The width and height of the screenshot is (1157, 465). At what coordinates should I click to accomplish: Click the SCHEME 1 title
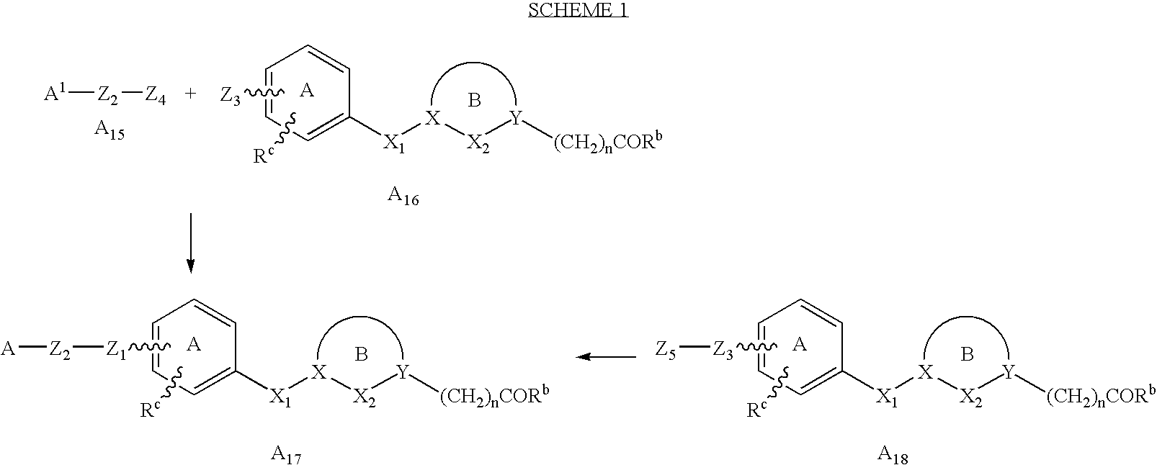(578, 10)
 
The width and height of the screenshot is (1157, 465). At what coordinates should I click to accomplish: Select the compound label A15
(110, 130)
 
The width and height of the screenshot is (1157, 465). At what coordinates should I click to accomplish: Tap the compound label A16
(403, 195)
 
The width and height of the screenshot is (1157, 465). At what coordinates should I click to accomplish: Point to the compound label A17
(285, 454)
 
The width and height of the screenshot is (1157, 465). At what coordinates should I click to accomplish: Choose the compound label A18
(893, 454)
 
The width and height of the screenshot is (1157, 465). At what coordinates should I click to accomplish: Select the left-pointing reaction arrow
(607, 356)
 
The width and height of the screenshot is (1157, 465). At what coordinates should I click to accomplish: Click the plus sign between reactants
(190, 94)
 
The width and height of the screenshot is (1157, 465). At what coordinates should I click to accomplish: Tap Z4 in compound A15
(155, 94)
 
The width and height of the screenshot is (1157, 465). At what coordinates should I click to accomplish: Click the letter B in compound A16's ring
(474, 101)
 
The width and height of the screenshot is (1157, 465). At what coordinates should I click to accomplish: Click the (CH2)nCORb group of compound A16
(606, 143)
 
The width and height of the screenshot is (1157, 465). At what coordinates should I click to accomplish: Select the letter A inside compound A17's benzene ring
(193, 346)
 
